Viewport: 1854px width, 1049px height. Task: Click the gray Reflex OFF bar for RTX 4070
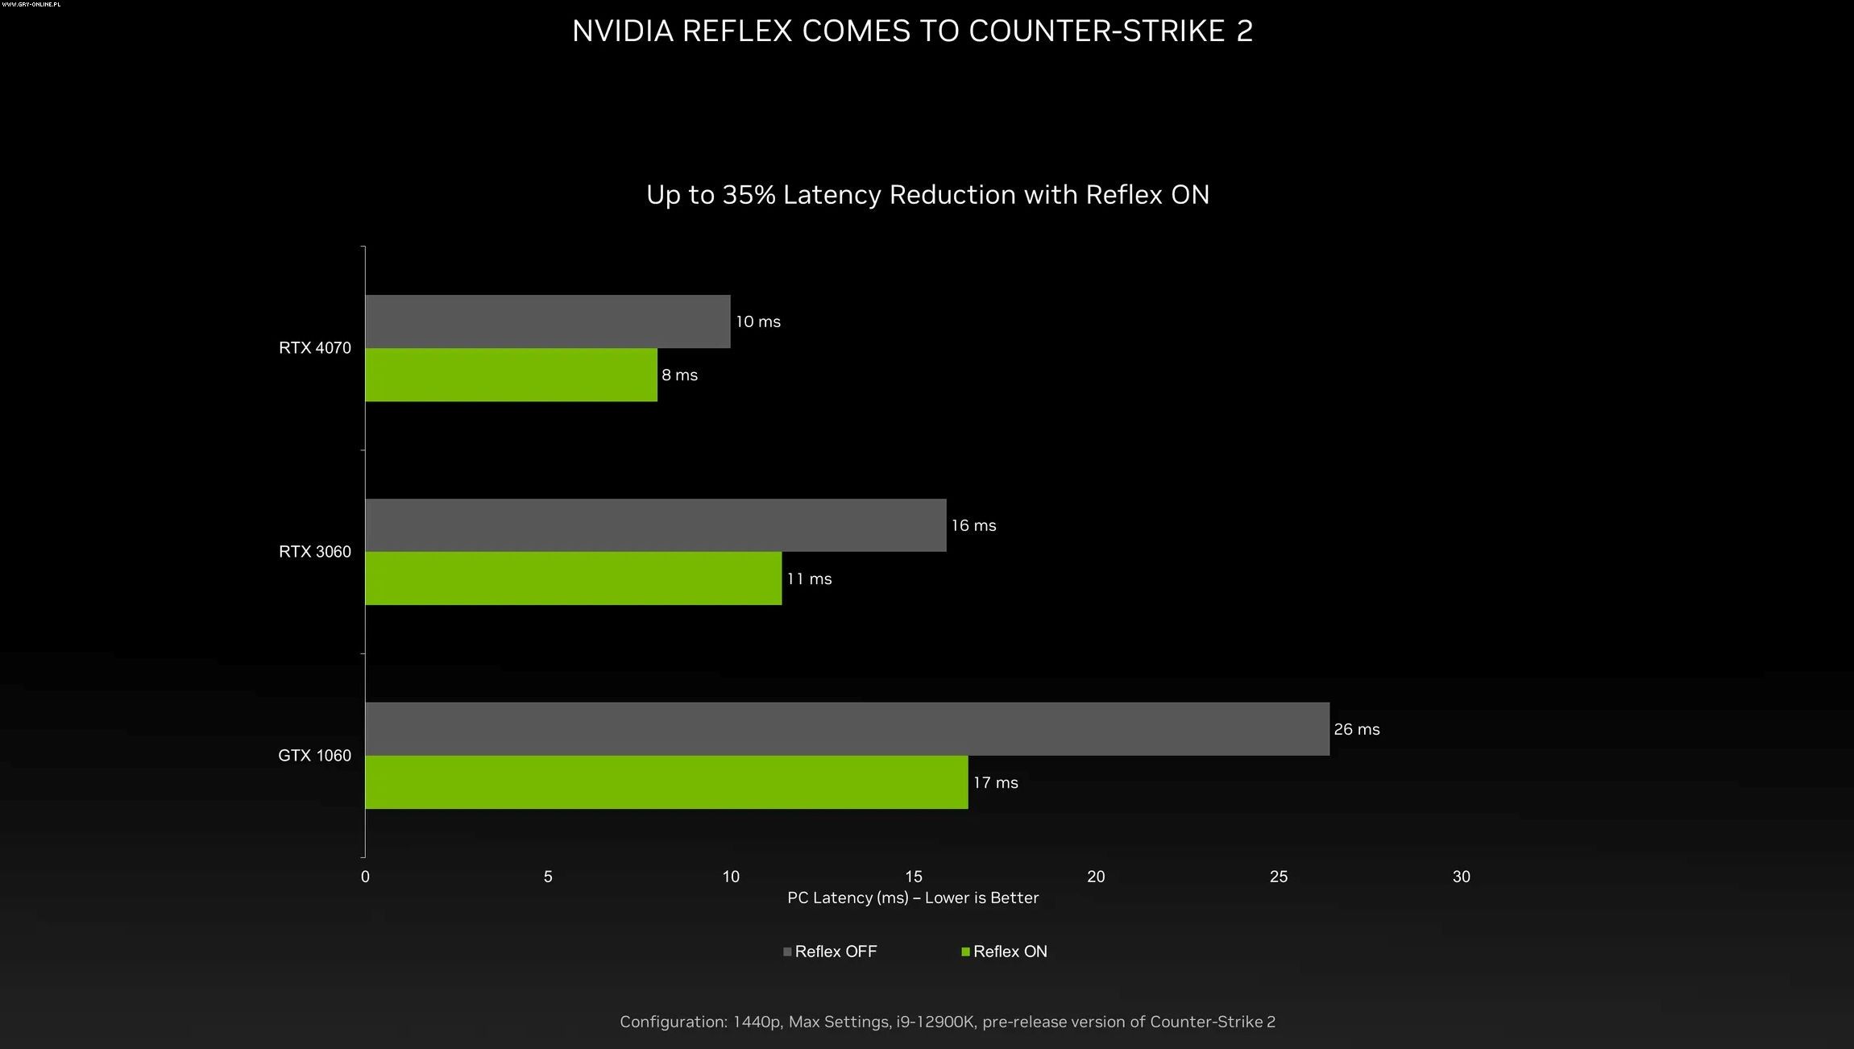(548, 321)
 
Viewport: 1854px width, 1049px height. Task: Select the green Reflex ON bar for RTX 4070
(511, 375)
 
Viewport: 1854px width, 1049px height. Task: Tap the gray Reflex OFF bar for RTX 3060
(655, 525)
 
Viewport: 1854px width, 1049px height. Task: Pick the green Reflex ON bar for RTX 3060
(573, 578)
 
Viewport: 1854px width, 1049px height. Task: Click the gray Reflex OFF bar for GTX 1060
(847, 729)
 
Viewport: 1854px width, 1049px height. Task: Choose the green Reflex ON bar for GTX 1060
(666, 782)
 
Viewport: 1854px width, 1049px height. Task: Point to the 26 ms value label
(1357, 729)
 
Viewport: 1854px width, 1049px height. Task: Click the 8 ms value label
(680, 375)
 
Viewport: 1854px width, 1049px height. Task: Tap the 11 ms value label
(810, 579)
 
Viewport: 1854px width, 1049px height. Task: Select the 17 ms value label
(996, 783)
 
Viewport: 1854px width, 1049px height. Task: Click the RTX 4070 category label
(315, 348)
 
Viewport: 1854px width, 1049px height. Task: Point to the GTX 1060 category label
(315, 756)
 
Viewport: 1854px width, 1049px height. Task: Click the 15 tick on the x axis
(914, 877)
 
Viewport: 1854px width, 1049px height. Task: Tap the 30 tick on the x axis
(1462, 877)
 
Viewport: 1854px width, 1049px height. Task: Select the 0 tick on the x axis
(366, 877)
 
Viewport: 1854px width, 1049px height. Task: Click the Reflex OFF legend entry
(831, 952)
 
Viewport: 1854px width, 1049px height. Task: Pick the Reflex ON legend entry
(1006, 952)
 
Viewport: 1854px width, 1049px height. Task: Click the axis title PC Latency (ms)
(848, 898)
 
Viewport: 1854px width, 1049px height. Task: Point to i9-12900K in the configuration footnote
(935, 1022)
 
